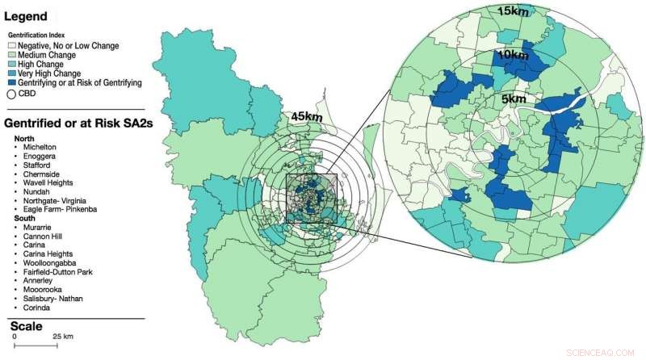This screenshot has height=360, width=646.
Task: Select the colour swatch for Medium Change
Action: (11, 56)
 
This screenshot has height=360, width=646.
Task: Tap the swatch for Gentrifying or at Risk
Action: (11, 83)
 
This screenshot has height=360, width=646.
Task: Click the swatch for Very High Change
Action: (11, 74)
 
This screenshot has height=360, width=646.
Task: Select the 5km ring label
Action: (513, 98)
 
